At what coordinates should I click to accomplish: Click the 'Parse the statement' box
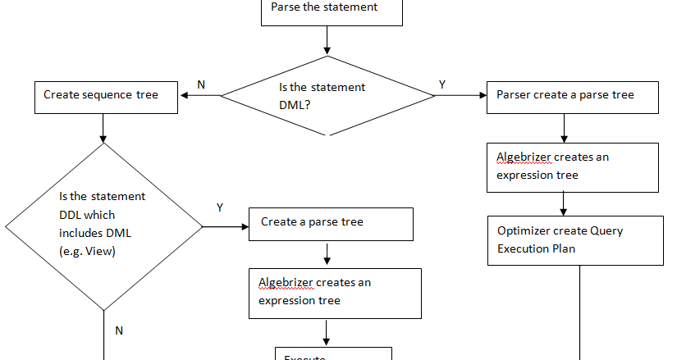coord(331,11)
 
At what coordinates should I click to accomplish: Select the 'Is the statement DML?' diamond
coord(327,95)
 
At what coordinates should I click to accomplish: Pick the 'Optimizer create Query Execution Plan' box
coord(574,239)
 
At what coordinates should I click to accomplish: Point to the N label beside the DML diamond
coord(201,84)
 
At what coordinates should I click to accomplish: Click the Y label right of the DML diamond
coord(443,84)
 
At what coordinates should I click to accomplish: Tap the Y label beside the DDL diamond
coord(219,208)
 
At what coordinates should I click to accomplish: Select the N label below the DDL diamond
coord(118,330)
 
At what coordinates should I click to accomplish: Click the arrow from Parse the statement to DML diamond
coord(327,39)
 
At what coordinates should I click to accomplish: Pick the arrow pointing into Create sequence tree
coord(200,96)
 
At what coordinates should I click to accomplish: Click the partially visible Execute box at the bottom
coord(333,354)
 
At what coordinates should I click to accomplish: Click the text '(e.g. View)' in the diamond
coord(88,251)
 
